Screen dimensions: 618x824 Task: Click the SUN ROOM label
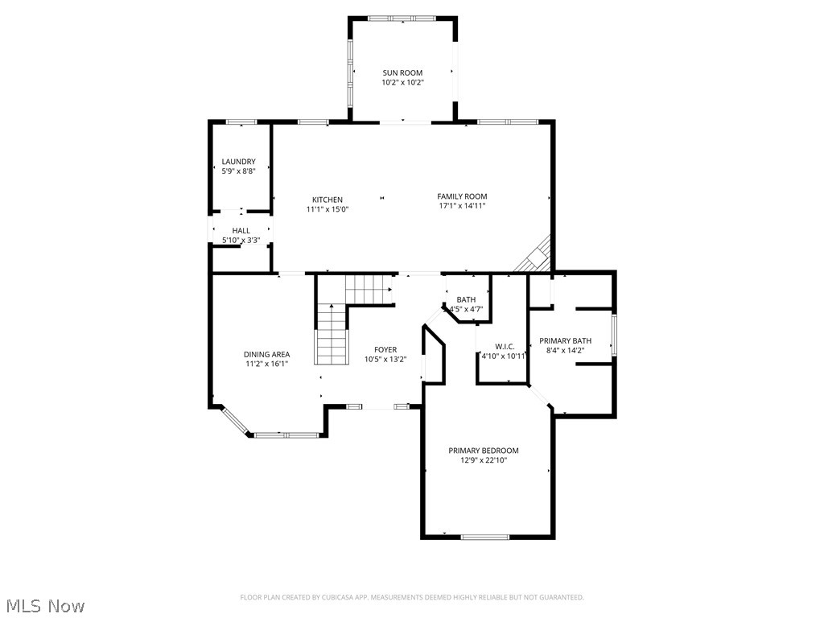(x=402, y=72)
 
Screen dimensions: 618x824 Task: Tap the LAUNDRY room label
(x=238, y=162)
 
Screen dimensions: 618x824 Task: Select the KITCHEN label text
(x=328, y=200)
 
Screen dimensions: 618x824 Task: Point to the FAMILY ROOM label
(x=462, y=196)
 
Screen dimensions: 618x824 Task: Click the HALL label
(x=241, y=231)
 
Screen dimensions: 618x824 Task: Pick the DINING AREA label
(x=266, y=354)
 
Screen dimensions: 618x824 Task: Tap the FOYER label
(x=385, y=349)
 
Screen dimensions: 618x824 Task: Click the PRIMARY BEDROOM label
(x=483, y=451)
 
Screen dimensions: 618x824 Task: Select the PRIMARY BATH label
(x=565, y=340)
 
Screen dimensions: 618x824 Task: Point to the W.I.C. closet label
(x=505, y=347)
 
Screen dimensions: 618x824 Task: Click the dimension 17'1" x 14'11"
(x=462, y=206)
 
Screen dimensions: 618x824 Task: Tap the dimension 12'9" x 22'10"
(x=483, y=460)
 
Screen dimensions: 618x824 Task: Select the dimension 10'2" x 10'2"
(x=402, y=82)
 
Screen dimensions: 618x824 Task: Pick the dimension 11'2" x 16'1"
(x=266, y=364)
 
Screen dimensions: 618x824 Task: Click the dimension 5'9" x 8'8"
(x=238, y=171)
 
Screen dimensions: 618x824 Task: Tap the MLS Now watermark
(x=43, y=605)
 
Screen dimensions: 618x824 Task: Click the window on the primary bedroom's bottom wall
(x=485, y=537)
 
